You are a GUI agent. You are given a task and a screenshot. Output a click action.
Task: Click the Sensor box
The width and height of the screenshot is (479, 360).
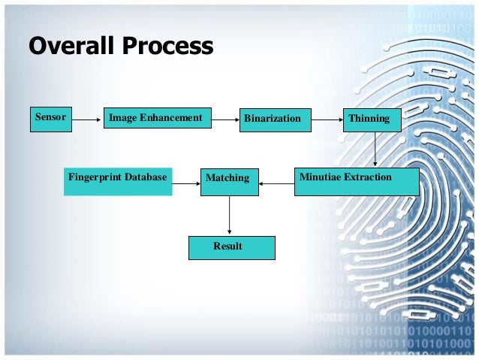pyautogui.click(x=51, y=119)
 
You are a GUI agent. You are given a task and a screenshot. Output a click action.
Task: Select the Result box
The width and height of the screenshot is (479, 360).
pyautogui.click(x=231, y=247)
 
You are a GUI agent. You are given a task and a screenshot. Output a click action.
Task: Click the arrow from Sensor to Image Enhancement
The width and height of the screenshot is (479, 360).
pyautogui.click(x=87, y=119)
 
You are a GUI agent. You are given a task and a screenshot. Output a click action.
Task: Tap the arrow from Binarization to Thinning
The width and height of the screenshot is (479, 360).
pyautogui.click(x=326, y=119)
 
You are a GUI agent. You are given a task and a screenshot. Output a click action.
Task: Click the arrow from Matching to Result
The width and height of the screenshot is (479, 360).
pyautogui.click(x=229, y=216)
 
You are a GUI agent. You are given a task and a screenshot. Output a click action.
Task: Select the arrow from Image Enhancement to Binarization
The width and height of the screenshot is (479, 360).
pyautogui.click(x=224, y=119)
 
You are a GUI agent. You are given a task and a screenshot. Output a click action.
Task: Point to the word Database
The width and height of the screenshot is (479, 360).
pyautogui.click(x=144, y=177)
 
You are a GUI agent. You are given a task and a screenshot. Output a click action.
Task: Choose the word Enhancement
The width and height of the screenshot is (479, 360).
pyautogui.click(x=172, y=118)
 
